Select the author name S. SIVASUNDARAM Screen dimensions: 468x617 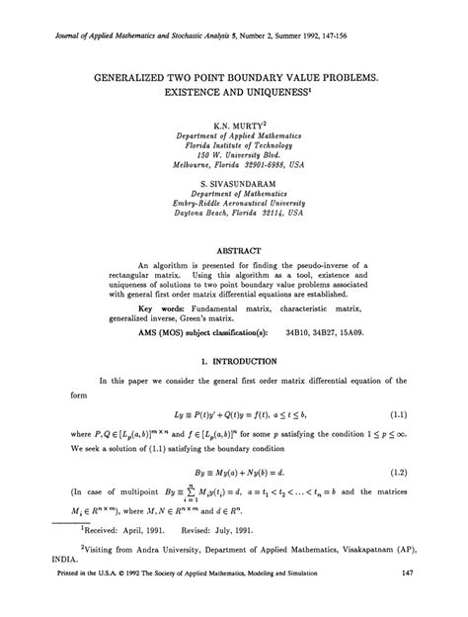(233, 185)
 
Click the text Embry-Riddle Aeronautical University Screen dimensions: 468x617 (233, 206)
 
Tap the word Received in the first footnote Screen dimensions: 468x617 (78, 554)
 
